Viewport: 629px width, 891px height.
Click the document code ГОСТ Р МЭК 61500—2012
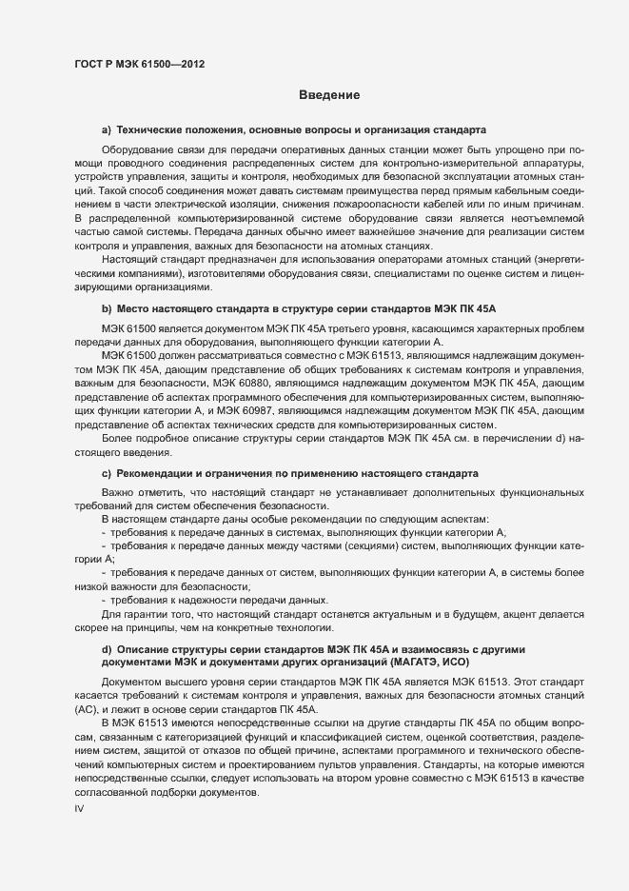[139, 65]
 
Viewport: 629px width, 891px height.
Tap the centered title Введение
[328, 96]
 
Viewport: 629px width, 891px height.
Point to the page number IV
[80, 809]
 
